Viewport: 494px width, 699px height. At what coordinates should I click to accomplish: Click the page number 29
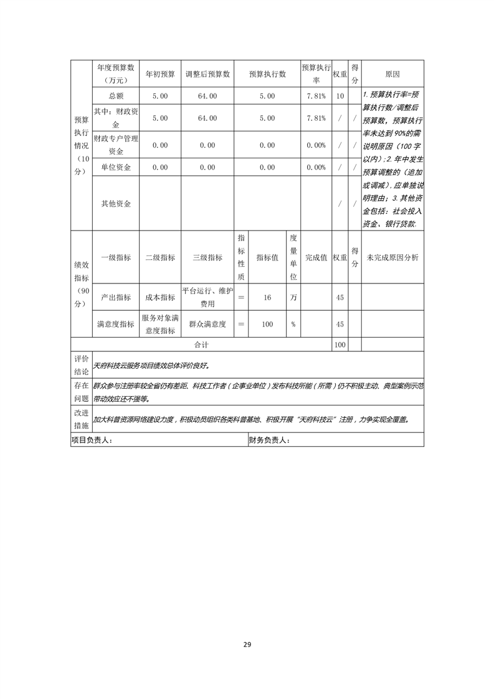tap(247, 644)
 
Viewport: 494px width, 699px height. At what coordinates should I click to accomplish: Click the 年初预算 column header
tap(160, 74)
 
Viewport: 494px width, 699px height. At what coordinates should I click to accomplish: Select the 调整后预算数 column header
tap(207, 74)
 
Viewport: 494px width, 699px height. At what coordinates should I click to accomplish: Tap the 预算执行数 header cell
tap(267, 74)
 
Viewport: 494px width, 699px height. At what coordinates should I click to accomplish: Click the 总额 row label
tap(116, 96)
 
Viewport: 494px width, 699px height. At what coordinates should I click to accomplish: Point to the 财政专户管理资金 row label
tap(116, 145)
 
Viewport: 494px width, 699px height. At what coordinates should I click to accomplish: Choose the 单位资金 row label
tap(116, 167)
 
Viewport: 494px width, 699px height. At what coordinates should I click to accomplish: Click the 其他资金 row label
tap(116, 204)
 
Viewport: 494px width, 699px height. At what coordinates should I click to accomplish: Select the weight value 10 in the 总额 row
tap(340, 96)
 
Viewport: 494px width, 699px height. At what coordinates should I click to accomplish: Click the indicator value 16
tap(267, 298)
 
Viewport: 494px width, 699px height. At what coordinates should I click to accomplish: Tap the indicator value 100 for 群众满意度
tap(267, 324)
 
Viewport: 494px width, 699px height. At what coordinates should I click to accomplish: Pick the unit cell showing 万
tap(293, 298)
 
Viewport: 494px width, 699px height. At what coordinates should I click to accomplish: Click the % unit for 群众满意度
tap(293, 324)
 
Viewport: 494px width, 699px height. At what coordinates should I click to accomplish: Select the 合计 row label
tap(201, 344)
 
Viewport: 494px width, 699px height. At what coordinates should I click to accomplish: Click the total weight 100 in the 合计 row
tap(340, 344)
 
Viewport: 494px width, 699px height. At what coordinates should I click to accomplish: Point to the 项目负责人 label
tap(92, 440)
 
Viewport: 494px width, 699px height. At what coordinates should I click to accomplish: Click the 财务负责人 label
tap(269, 440)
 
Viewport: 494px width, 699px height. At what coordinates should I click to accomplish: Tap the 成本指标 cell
tap(160, 298)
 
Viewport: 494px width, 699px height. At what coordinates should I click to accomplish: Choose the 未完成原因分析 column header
tap(392, 257)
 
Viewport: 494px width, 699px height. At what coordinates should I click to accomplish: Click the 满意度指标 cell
tap(116, 324)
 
